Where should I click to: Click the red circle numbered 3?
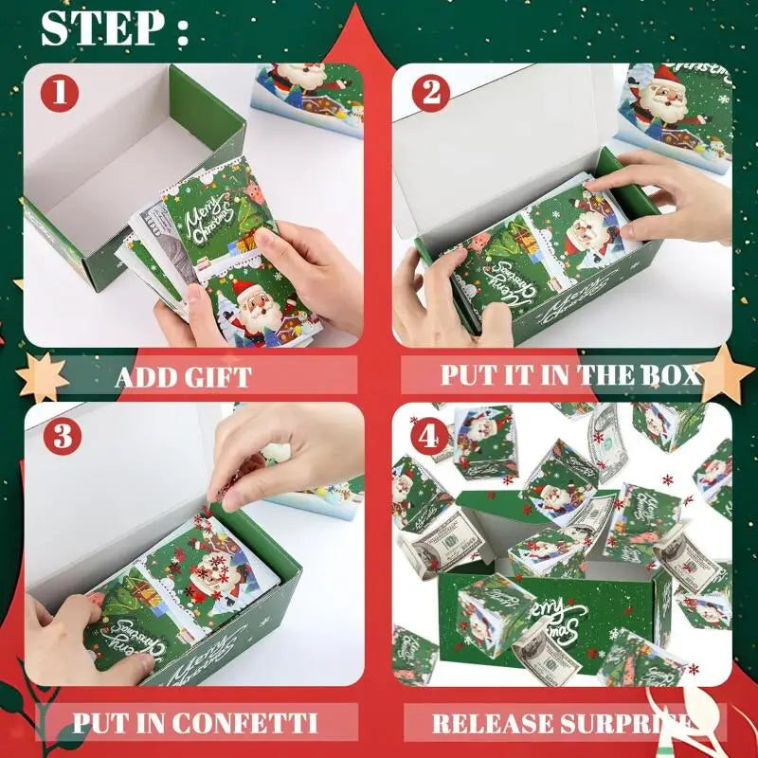tap(59, 436)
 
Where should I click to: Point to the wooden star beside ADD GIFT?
tap(42, 376)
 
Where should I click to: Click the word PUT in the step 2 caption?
tap(467, 374)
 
